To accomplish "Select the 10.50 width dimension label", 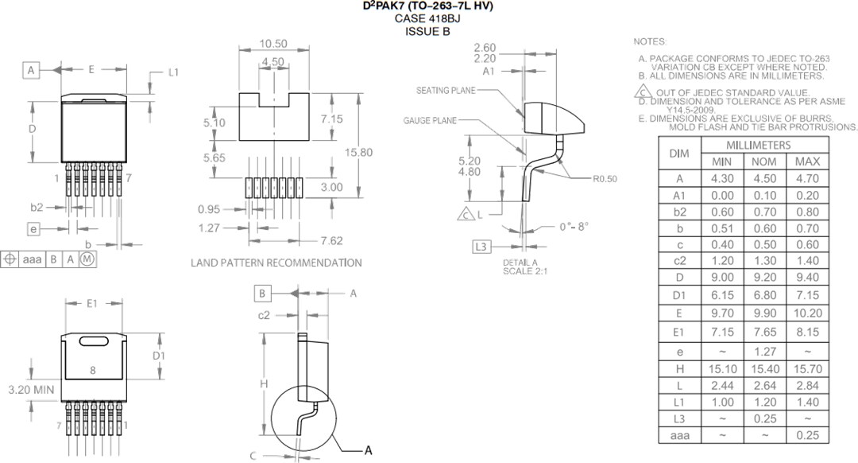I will tap(272, 44).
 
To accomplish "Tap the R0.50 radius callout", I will tap(604, 179).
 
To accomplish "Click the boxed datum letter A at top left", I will tap(31, 71).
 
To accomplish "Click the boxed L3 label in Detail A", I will tap(481, 247).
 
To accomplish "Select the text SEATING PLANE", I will tap(446, 91).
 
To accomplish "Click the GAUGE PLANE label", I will tap(429, 121).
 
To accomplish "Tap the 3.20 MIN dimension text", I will tap(31, 390).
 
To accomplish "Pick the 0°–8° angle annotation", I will tap(574, 227).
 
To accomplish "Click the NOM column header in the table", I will tap(763, 161).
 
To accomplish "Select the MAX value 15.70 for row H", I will tap(807, 368).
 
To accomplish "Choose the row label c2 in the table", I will tap(678, 260).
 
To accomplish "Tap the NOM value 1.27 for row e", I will tap(763, 351).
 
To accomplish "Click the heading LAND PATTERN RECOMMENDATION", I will tap(276, 263).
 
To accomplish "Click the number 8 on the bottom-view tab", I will tap(93, 370).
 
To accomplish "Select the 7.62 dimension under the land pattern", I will tap(331, 240).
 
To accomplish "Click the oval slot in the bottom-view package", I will tap(95, 341).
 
